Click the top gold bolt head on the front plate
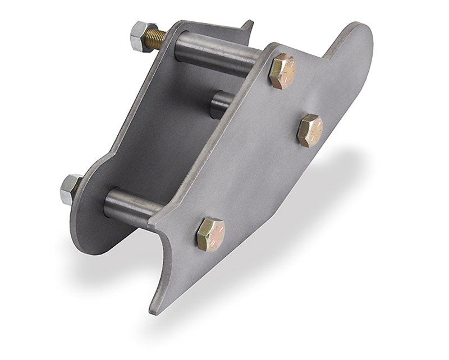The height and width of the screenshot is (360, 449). (282, 71)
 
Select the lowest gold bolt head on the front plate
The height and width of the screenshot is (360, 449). (210, 234)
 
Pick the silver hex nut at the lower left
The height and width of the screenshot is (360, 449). (71, 189)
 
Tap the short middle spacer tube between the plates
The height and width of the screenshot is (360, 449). (222, 104)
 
